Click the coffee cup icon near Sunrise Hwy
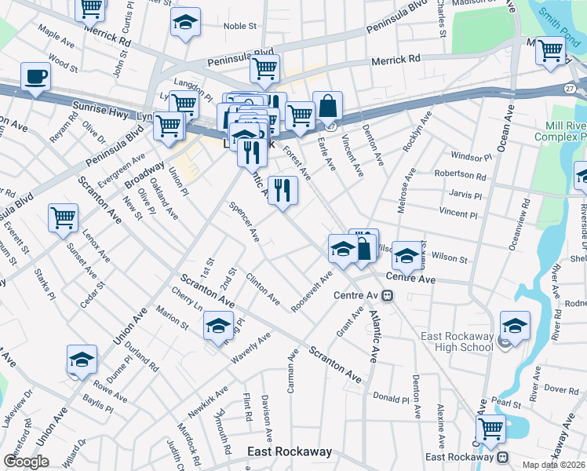tap(35, 77)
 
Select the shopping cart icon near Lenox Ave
tap(63, 217)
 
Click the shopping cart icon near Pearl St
tap(490, 429)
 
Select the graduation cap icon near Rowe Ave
tap(82, 359)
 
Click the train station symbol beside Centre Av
tap(388, 296)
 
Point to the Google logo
tap(27, 462)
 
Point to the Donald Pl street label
tap(391, 398)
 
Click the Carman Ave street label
tap(292, 372)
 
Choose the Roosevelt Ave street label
tap(312, 291)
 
